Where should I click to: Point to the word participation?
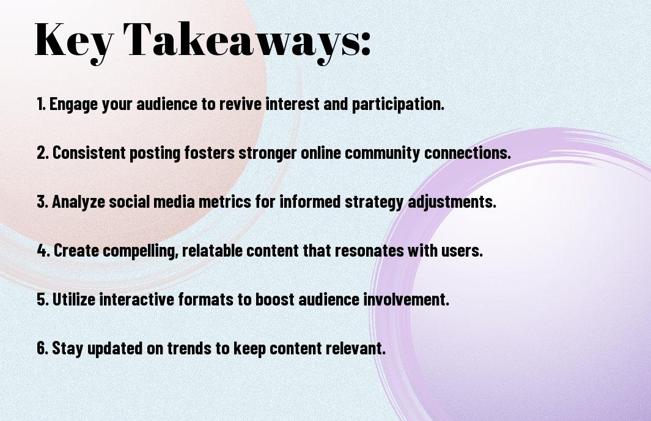click(x=398, y=104)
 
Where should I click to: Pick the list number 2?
click(x=43, y=153)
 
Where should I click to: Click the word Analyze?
click(x=78, y=202)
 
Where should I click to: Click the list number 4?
click(x=43, y=251)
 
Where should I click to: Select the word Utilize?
click(x=74, y=299)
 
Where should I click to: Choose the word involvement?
click(x=406, y=299)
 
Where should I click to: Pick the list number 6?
click(x=42, y=348)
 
